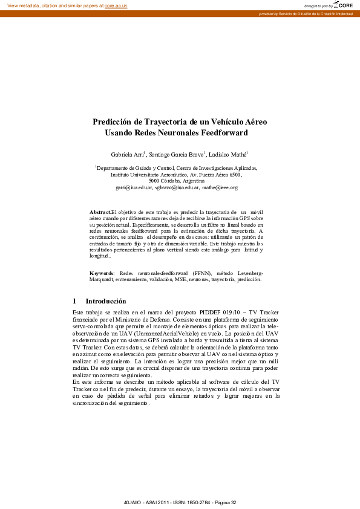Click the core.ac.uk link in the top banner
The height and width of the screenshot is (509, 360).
point(116,5)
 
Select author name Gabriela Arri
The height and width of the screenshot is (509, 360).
point(128,155)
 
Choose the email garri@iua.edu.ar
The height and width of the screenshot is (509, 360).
point(133,187)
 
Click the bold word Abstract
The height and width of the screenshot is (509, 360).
point(100,213)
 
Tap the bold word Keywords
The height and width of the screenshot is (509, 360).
point(102,274)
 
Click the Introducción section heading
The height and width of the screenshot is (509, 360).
point(106,300)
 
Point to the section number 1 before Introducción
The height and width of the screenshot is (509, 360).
point(74,300)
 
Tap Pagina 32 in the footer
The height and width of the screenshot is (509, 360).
point(223,502)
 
